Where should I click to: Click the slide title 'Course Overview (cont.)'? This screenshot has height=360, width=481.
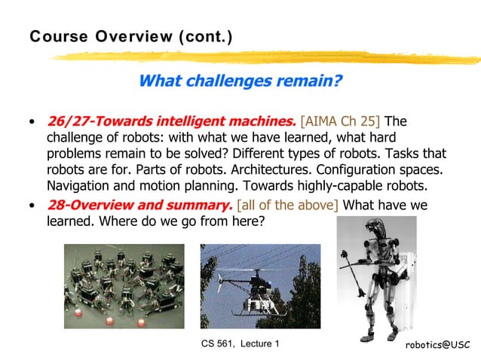coord(130,36)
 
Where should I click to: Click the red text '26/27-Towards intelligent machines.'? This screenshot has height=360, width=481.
coord(171,121)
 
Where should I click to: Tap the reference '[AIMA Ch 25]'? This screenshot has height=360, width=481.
coord(341,121)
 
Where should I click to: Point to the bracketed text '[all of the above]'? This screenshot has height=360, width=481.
coord(287,205)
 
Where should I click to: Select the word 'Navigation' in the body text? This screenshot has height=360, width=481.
coord(80,186)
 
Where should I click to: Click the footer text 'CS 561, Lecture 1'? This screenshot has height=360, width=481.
coord(240,344)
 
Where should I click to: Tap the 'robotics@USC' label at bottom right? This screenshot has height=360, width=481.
coord(437,344)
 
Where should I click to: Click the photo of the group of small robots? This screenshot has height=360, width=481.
coord(124,285)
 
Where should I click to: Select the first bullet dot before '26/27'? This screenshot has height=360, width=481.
coord(31,122)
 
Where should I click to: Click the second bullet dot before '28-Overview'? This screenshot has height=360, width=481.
coord(31,206)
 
